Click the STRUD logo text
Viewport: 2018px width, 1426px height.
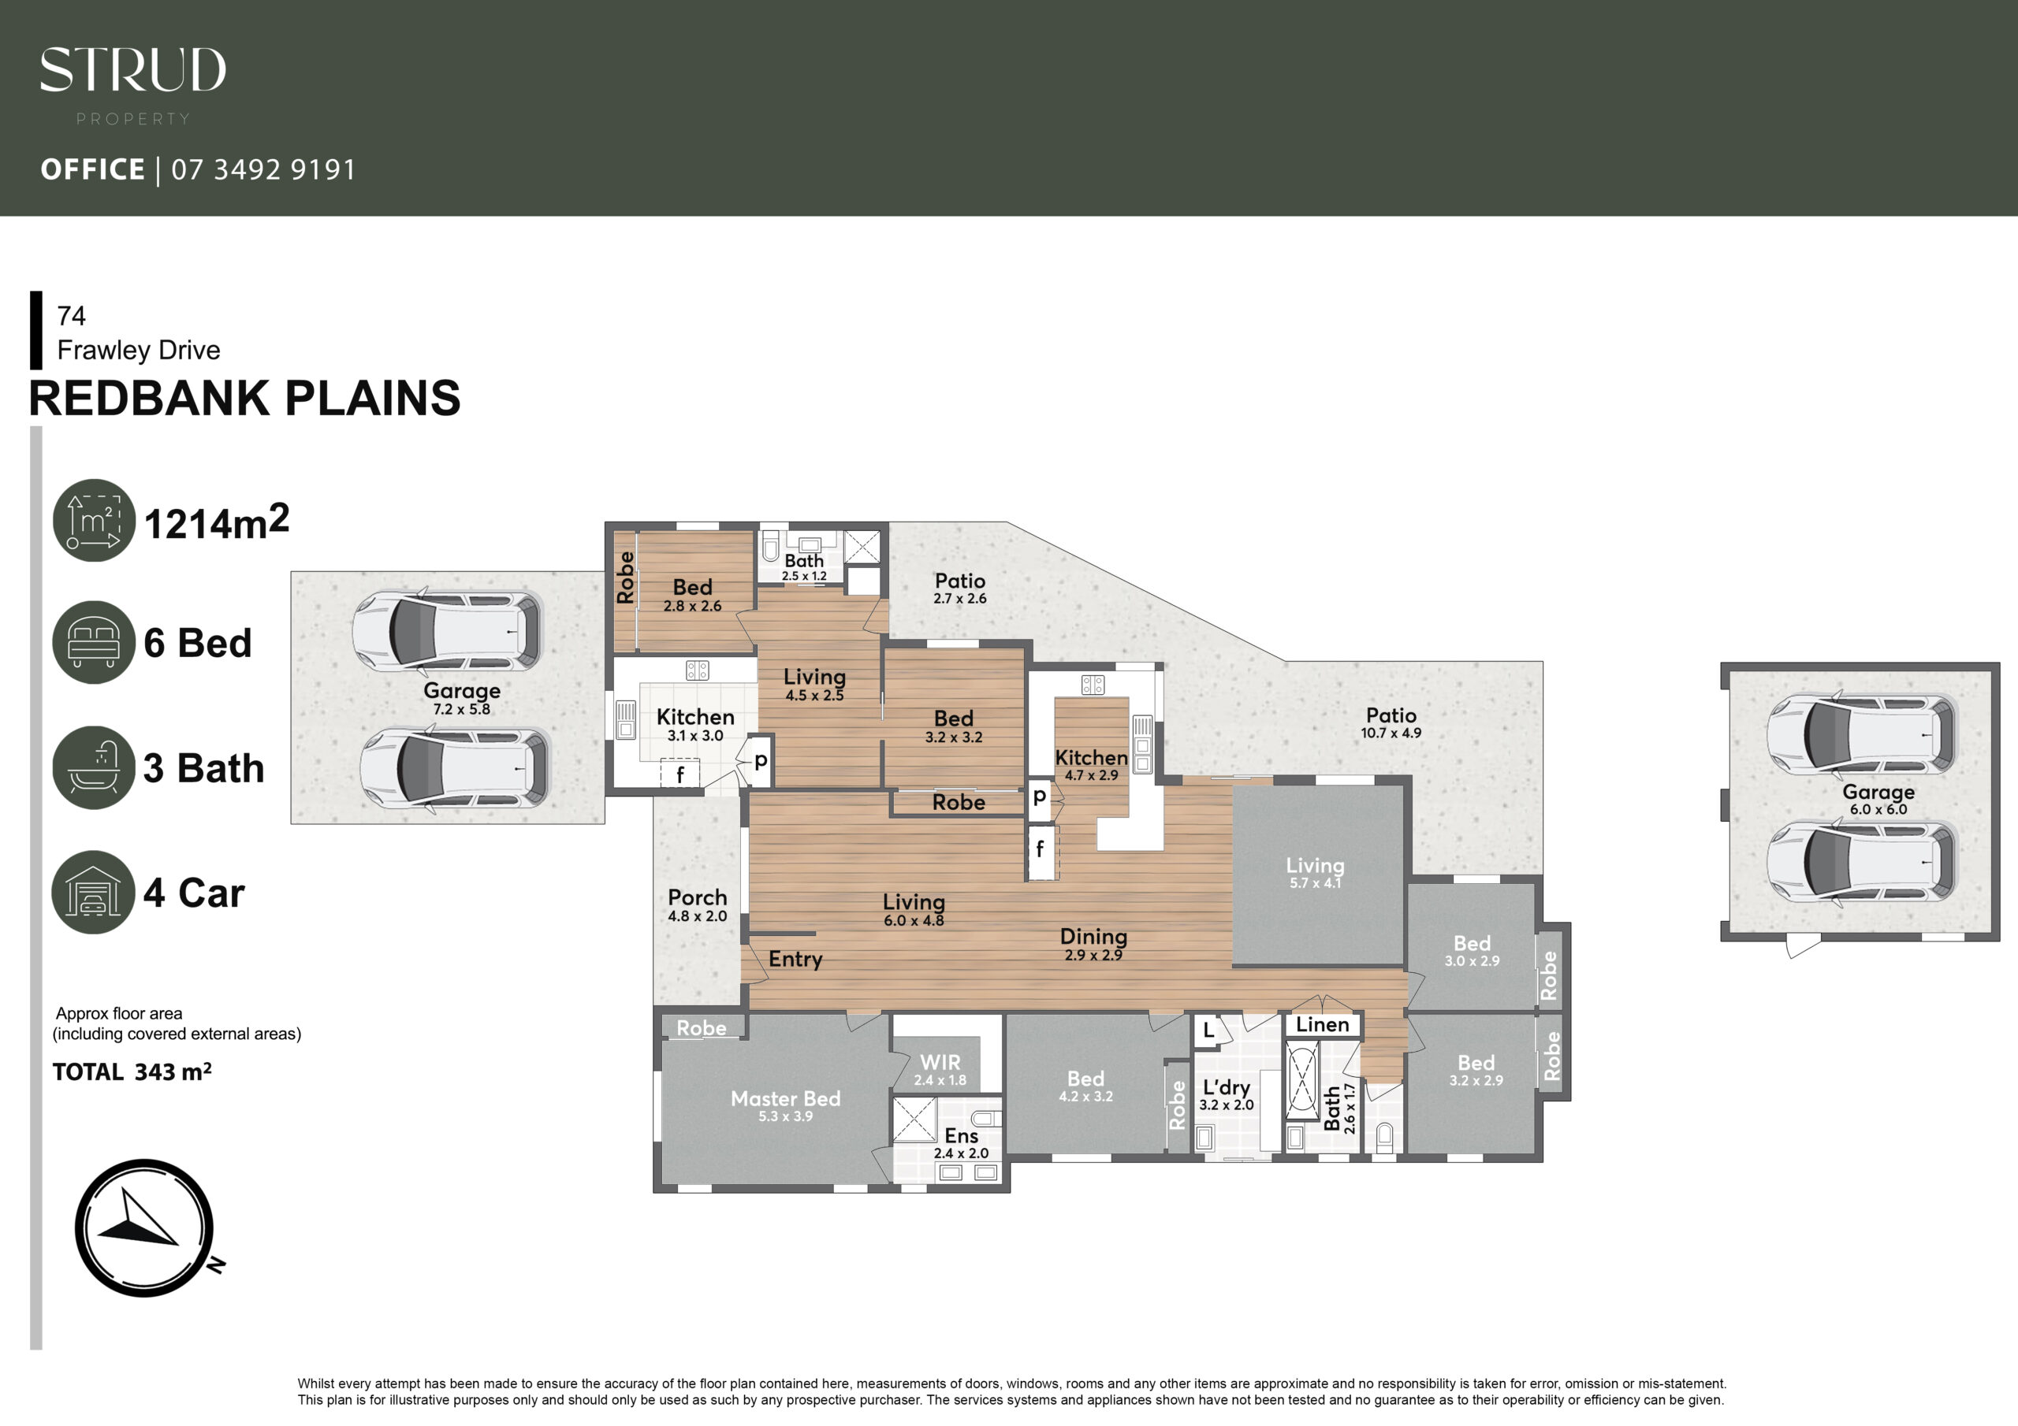132,69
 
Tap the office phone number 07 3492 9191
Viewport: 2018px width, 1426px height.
263,169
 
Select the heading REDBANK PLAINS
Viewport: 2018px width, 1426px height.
244,398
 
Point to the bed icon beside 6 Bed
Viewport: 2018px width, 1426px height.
94,642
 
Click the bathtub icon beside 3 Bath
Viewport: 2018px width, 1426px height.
94,767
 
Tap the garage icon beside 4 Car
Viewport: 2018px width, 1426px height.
93,892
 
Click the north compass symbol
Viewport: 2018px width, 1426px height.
146,1227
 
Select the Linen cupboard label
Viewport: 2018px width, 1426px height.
1322,1024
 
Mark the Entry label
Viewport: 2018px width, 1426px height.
795,959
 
